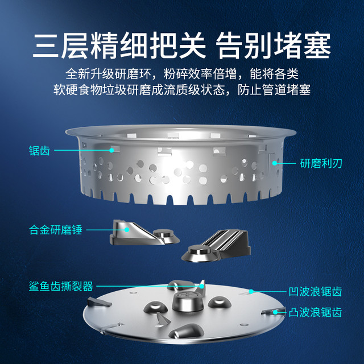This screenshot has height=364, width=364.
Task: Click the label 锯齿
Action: click(x=39, y=150)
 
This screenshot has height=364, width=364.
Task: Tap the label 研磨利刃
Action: click(x=321, y=163)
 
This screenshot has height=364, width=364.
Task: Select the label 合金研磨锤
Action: click(x=56, y=230)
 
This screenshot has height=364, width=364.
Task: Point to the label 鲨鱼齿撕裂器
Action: click(x=61, y=286)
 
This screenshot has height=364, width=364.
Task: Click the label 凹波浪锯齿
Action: click(x=315, y=292)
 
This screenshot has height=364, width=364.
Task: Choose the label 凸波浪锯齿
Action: click(x=315, y=312)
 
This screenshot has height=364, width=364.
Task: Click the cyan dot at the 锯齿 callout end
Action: click(x=111, y=150)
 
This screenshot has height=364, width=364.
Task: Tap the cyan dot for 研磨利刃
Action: click(x=275, y=163)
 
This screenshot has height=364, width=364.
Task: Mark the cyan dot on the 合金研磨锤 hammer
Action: click(x=127, y=230)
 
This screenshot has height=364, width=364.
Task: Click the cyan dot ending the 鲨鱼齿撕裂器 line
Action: click(x=202, y=286)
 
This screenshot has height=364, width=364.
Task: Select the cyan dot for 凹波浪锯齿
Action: click(x=251, y=291)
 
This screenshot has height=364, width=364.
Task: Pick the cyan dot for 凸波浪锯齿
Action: click(x=275, y=312)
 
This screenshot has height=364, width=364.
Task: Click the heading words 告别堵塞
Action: click(x=273, y=45)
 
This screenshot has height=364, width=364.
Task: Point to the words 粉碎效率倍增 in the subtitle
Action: click(x=200, y=74)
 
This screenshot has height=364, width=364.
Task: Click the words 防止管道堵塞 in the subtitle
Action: click(x=274, y=90)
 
